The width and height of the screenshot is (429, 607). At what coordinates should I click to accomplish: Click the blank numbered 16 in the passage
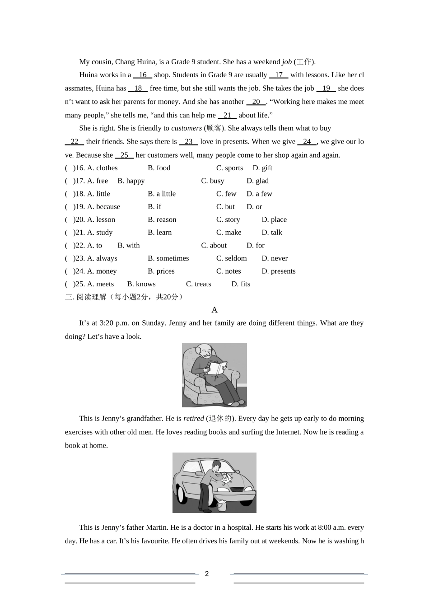(x=143, y=75)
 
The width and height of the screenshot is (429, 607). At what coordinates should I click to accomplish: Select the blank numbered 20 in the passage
(x=256, y=102)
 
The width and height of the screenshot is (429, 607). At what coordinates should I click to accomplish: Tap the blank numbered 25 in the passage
(x=124, y=155)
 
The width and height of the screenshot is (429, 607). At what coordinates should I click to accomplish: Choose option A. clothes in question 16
(x=102, y=168)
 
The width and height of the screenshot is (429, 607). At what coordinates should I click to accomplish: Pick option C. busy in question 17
(x=213, y=181)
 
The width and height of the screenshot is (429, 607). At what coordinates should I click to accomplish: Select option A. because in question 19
(x=103, y=207)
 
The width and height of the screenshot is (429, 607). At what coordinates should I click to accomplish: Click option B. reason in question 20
(x=162, y=220)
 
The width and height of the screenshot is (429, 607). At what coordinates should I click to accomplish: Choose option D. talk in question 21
(x=272, y=233)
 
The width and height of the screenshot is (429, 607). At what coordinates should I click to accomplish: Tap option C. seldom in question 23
(x=232, y=258)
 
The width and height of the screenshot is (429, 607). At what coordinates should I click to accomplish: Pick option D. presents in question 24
(x=279, y=271)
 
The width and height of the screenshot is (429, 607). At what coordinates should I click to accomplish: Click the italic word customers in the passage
(x=187, y=128)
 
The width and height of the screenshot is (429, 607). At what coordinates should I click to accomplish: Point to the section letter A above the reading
(x=214, y=310)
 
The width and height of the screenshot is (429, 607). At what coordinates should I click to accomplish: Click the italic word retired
(x=194, y=419)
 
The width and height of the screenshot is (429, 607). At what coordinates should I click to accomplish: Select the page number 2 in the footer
(x=207, y=574)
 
